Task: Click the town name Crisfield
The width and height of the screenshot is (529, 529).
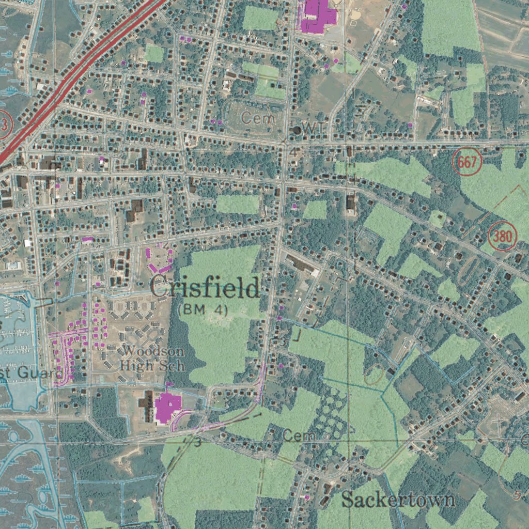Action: click(205, 288)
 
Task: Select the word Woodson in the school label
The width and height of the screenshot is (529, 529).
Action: click(154, 352)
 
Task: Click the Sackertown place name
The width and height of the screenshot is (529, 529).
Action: click(398, 500)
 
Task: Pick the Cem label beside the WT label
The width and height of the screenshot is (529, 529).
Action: click(258, 118)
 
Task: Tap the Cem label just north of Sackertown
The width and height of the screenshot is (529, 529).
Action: click(299, 437)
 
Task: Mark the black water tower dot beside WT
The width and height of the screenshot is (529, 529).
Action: click(297, 130)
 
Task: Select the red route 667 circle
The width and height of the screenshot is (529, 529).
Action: click(467, 162)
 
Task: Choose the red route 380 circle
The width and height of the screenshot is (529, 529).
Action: click(503, 237)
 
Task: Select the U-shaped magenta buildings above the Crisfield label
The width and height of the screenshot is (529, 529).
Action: click(159, 260)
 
